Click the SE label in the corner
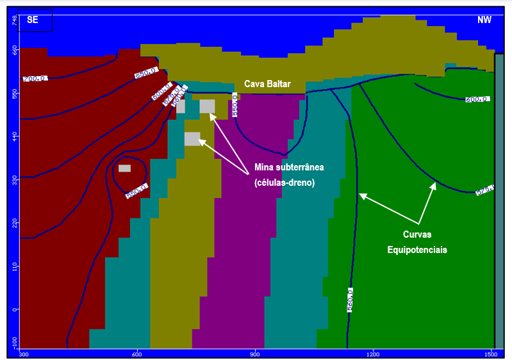coord(33,20)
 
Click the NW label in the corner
coord(484,20)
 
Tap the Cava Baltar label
coord(267,84)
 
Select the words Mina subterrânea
coord(289,167)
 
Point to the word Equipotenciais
coord(417,250)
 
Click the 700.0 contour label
coord(35,78)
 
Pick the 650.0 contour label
coord(145,74)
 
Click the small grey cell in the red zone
coord(124,168)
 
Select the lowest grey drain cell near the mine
coord(192,138)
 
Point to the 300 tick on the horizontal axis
coord(24,354)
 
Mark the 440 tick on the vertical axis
coord(14,136)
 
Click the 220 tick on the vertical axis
coord(14,222)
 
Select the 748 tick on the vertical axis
coord(14,20)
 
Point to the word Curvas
coord(418,234)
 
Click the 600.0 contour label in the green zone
coord(477,100)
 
